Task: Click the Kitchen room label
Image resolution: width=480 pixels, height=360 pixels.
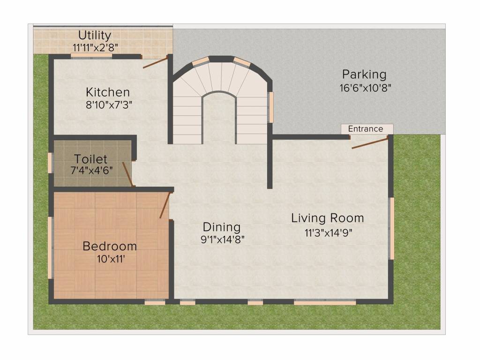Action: click(x=108, y=92)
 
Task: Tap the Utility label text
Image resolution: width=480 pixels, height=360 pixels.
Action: click(x=95, y=35)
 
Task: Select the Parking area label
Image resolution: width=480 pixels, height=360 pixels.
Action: click(x=364, y=75)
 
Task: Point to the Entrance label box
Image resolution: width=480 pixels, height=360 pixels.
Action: click(x=367, y=129)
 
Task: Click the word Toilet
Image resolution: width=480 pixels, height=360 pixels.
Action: click(x=90, y=159)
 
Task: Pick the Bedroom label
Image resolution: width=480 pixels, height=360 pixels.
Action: click(x=110, y=246)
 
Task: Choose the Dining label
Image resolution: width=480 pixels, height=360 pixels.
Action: click(x=222, y=227)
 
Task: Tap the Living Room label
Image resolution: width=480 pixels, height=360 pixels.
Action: click(x=328, y=218)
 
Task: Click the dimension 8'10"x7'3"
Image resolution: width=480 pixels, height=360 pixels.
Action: click(x=109, y=105)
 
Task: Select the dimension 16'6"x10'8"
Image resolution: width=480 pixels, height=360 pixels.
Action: click(x=365, y=88)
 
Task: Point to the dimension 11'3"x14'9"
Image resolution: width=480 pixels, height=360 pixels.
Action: click(x=329, y=233)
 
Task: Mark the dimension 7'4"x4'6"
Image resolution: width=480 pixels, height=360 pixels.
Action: click(x=91, y=170)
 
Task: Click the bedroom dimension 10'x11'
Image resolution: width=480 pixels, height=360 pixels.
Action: click(x=111, y=259)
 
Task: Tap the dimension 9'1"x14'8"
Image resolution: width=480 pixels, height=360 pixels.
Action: click(x=223, y=240)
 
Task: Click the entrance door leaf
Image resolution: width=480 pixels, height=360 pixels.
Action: click(x=370, y=143)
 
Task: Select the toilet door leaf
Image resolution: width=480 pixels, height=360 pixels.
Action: click(x=127, y=174)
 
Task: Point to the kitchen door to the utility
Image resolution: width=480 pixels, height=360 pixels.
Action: click(x=155, y=62)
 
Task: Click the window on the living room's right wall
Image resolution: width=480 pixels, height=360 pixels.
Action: click(x=391, y=228)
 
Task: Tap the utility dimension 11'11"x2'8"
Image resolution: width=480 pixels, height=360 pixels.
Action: click(x=95, y=48)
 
